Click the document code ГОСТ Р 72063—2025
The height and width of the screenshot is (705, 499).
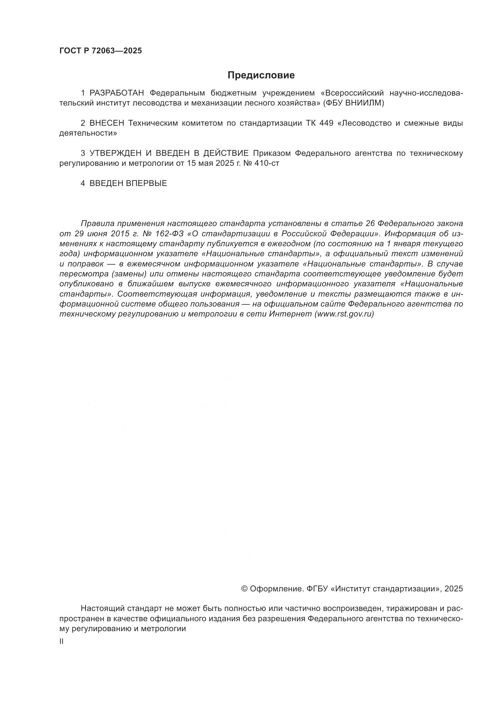pos(100,51)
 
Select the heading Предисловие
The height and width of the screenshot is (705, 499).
pos(261,75)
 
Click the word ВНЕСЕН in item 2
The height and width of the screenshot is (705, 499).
pos(107,123)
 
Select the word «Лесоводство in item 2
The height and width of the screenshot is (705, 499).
pos(364,123)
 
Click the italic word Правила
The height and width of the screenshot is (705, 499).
pos(97,223)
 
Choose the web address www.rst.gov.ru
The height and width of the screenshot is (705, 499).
pos(344,314)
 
